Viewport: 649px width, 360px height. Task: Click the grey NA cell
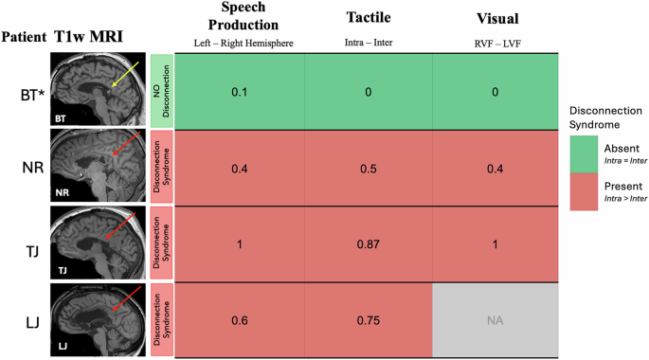[x=494, y=320]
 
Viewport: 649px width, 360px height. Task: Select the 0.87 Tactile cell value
[x=368, y=243]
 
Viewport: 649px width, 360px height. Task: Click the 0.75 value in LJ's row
[x=368, y=320]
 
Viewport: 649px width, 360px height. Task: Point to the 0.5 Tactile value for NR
[x=368, y=167]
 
